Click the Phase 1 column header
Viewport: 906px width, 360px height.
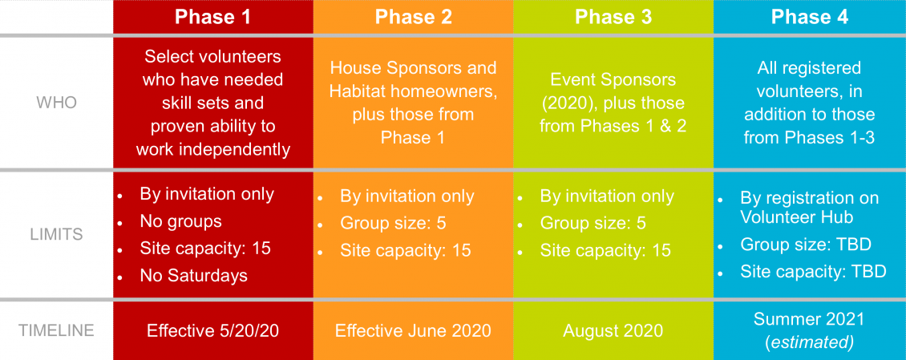tap(213, 17)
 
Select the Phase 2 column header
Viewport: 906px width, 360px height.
tap(413, 17)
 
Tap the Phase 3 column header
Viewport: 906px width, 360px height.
tap(613, 17)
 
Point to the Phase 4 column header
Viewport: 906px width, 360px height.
tap(810, 17)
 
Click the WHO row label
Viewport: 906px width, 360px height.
tap(57, 103)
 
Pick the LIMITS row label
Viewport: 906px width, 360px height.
tap(57, 235)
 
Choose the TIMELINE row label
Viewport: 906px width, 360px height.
tap(57, 330)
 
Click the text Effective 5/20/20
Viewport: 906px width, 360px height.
tap(213, 330)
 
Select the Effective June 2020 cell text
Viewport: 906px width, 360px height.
tap(413, 330)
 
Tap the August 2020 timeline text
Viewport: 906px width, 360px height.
tap(613, 330)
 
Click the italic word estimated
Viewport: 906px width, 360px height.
tap(810, 342)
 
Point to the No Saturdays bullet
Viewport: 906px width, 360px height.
tap(193, 276)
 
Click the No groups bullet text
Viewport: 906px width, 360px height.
tap(181, 221)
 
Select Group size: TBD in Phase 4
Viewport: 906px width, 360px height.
tap(806, 245)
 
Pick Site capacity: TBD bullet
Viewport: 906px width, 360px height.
tap(814, 271)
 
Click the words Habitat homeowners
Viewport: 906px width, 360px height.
tap(413, 91)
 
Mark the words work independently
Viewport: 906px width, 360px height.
tap(213, 149)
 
